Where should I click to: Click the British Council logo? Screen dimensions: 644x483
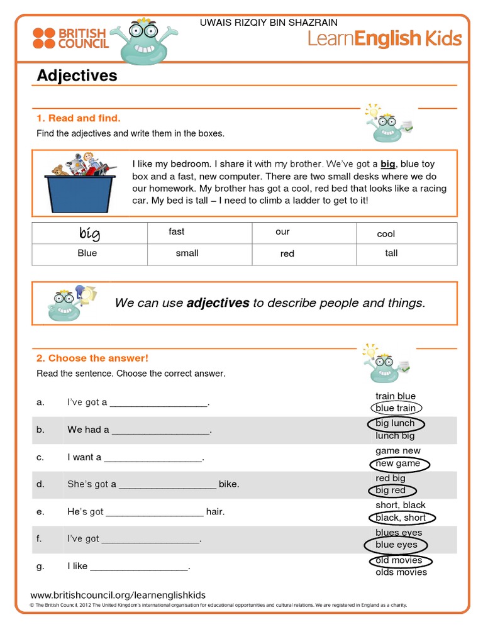pos(70,38)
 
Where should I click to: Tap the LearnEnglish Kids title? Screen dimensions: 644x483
pos(384,39)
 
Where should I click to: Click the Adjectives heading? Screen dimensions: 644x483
pos(77,75)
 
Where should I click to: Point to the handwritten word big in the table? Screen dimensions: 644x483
pos(89,234)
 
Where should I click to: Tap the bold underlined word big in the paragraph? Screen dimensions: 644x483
pos(387,164)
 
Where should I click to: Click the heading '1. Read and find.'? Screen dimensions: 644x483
pos(78,118)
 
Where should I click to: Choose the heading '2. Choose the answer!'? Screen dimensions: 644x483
pos(92,358)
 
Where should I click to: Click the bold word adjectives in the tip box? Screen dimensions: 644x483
pos(218,303)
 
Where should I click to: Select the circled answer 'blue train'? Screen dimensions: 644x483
pos(396,408)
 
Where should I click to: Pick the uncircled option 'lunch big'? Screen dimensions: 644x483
pos(395,435)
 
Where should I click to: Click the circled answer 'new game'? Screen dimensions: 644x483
pos(398,464)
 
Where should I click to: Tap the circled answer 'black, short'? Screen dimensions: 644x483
pos(401,518)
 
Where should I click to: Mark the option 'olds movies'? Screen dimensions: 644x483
pos(401,572)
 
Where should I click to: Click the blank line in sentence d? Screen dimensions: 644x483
pos(167,485)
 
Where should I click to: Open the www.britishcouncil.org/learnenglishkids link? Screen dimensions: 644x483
pos(118,595)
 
